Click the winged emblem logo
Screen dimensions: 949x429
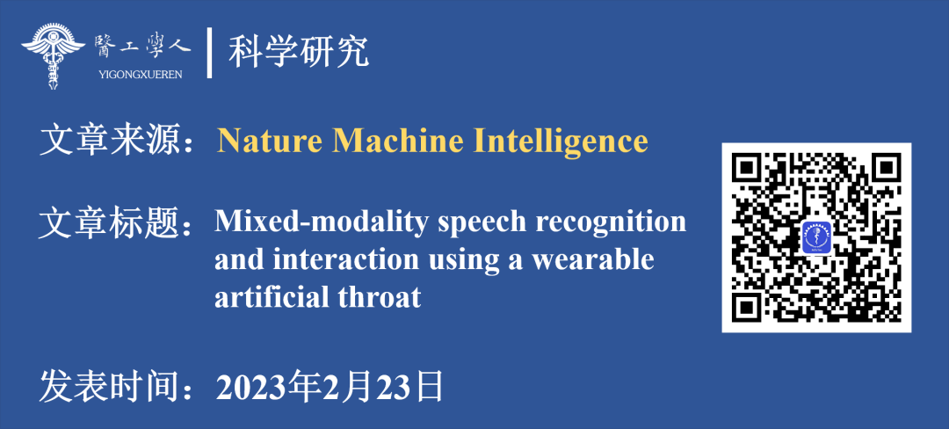[54, 55]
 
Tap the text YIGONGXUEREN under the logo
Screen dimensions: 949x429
[140, 75]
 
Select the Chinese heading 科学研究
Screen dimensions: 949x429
[299, 54]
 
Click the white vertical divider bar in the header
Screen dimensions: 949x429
[209, 53]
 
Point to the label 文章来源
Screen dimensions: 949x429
[110, 141]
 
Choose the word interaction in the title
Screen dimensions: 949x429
[345, 260]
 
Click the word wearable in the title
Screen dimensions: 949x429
[596, 260]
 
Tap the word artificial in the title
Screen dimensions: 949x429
[272, 298]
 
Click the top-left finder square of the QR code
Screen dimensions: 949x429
[748, 169]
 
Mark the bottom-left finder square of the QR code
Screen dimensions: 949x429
[748, 306]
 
